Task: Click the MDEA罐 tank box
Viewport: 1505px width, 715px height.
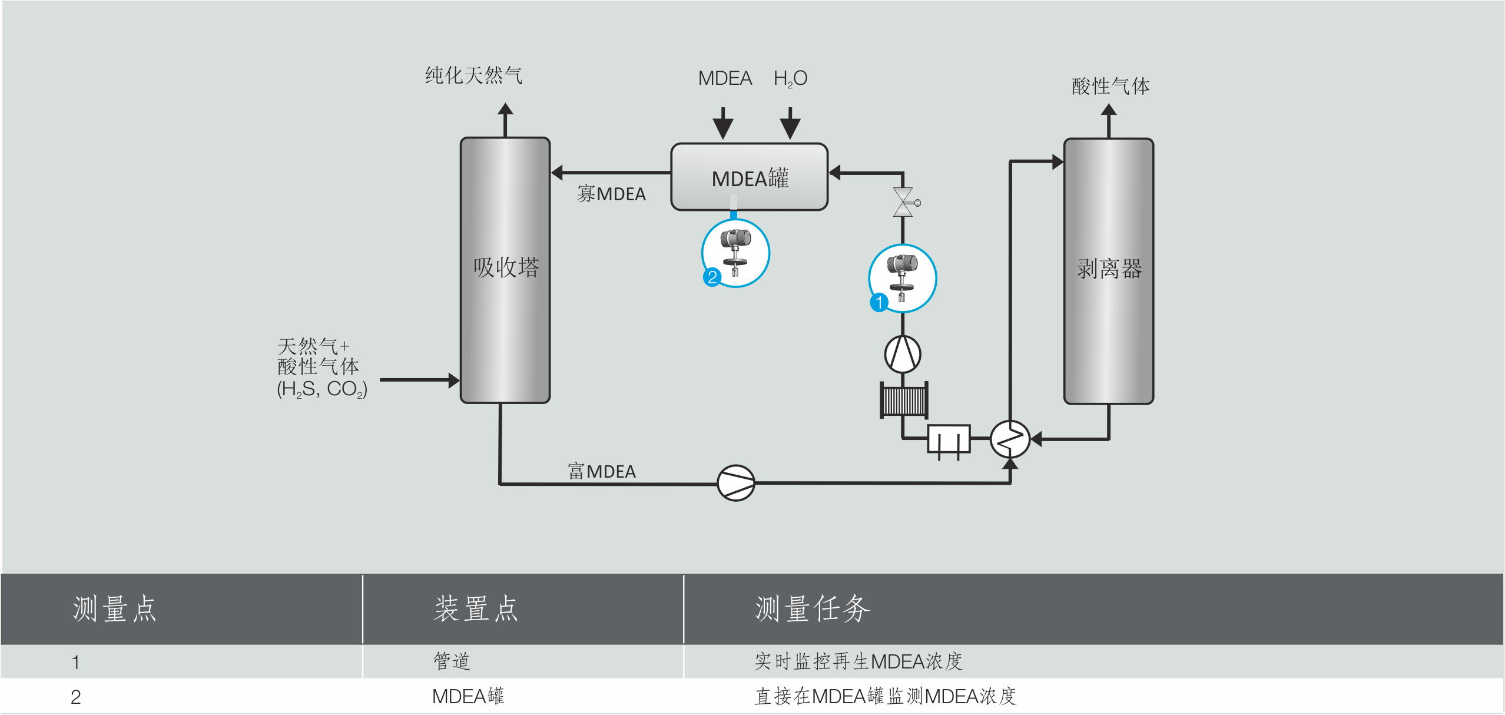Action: pyautogui.click(x=749, y=177)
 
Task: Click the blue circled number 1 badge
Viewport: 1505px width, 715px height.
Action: pyautogui.click(x=879, y=303)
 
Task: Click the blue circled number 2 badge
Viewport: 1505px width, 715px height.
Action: pyautogui.click(x=712, y=277)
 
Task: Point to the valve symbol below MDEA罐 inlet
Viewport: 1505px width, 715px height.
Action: pyautogui.click(x=903, y=202)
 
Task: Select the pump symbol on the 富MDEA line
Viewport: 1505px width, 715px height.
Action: pyautogui.click(x=735, y=483)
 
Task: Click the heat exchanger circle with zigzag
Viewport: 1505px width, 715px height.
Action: pyautogui.click(x=1010, y=439)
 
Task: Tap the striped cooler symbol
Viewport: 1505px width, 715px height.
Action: pyautogui.click(x=904, y=400)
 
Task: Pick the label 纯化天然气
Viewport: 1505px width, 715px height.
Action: pyautogui.click(x=473, y=75)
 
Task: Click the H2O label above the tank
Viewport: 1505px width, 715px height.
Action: pyautogui.click(x=790, y=78)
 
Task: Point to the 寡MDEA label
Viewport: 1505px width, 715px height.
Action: pyautogui.click(x=611, y=194)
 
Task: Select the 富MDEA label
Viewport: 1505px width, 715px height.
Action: pyautogui.click(x=601, y=471)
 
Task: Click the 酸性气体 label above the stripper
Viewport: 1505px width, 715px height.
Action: pyautogui.click(x=1110, y=86)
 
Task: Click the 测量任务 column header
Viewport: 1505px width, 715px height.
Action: pyautogui.click(x=812, y=608)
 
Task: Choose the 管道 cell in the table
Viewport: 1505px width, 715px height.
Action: pyautogui.click(x=452, y=661)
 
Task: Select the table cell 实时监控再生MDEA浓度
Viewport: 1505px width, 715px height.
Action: pyautogui.click(x=858, y=661)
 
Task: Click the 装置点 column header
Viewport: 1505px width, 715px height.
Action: pyautogui.click(x=476, y=608)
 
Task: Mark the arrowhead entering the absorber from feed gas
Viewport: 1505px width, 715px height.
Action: pyautogui.click(x=453, y=380)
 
